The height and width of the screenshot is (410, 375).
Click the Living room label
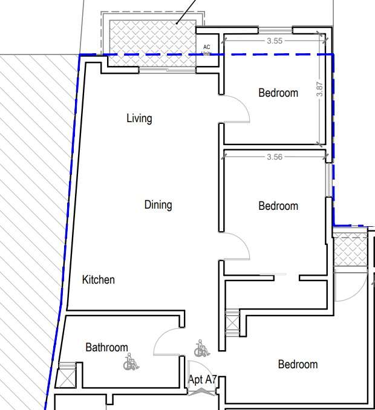[x=139, y=119]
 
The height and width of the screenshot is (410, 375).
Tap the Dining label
[x=158, y=205]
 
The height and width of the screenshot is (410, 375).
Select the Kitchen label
[x=99, y=280]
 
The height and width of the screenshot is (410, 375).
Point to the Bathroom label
[x=106, y=348]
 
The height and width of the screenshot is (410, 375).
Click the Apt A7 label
[x=203, y=379]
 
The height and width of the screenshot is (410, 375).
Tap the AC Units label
[x=207, y=50]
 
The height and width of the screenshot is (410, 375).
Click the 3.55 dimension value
[x=275, y=41]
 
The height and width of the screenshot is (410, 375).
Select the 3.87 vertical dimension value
[x=320, y=89]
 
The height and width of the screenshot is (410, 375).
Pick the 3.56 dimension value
[x=275, y=157]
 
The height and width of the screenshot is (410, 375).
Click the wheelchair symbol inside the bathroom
[x=131, y=362]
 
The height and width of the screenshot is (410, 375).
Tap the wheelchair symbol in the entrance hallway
[x=202, y=348]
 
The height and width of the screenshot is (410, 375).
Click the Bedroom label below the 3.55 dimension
[x=278, y=93]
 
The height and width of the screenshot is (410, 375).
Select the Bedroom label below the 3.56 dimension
[x=278, y=206]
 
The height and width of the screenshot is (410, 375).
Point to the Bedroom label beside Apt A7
[x=298, y=364]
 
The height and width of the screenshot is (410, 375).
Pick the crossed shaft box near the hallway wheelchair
[x=232, y=323]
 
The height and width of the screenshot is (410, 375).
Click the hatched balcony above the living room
[x=152, y=43]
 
